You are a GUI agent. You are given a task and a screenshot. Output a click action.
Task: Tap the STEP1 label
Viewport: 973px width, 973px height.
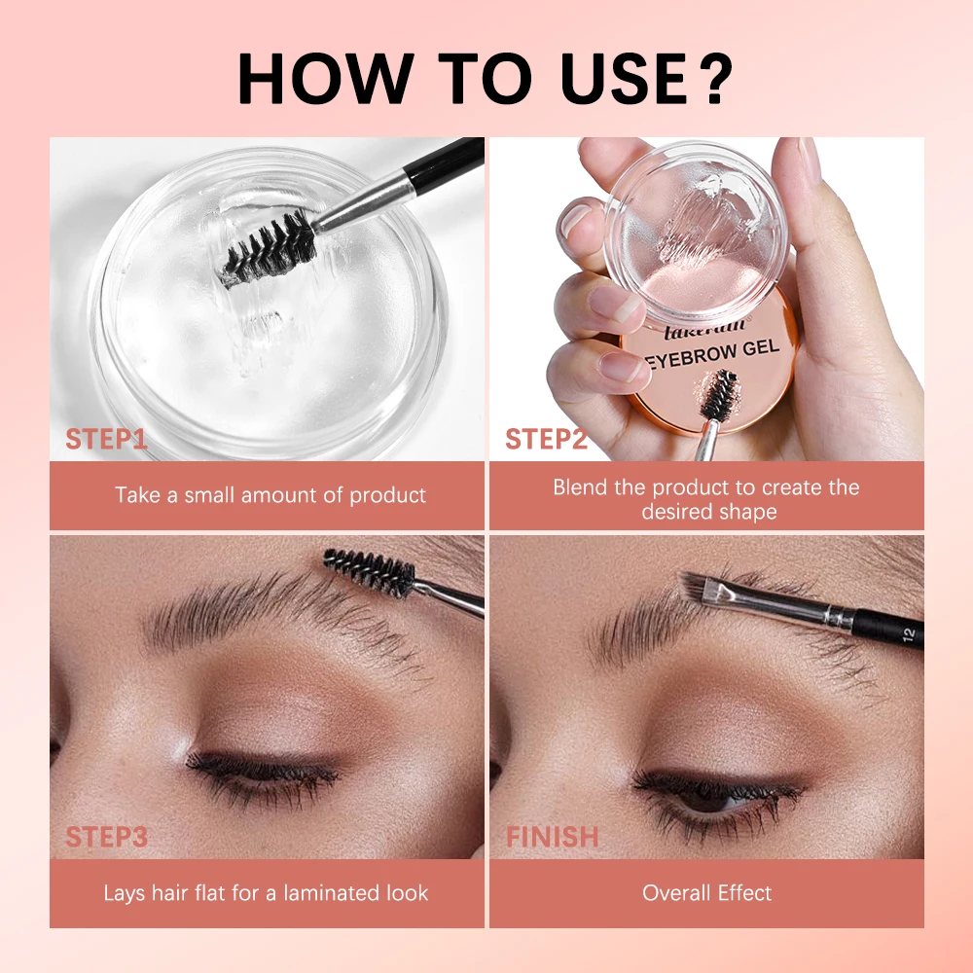tap(106, 439)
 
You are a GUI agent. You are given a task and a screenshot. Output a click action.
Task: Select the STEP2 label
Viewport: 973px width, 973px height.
tap(546, 439)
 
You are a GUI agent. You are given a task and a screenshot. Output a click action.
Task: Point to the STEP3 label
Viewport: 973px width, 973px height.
tap(106, 836)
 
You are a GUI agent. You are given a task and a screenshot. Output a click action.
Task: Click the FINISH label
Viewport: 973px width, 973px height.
tap(553, 836)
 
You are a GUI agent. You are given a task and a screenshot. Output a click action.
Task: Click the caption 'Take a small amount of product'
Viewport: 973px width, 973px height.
tap(270, 495)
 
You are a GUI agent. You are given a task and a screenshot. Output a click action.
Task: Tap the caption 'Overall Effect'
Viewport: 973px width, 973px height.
tap(707, 892)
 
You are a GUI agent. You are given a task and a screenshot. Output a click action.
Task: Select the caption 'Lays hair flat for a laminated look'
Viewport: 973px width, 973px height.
tap(266, 892)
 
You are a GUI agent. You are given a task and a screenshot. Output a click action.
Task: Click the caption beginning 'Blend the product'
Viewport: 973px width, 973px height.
tap(706, 499)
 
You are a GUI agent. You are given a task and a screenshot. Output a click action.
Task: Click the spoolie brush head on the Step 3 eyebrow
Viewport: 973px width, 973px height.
tap(370, 571)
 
